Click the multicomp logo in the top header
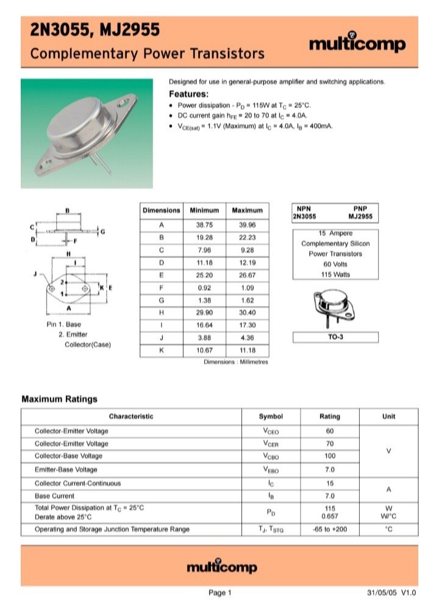[x=357, y=43]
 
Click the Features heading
[x=188, y=94]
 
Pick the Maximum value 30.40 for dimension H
[x=247, y=312]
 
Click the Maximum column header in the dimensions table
[x=247, y=210]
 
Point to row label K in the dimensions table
[x=162, y=350]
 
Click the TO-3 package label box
[x=335, y=337]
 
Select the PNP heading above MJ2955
[x=362, y=208]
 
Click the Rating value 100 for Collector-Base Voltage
[x=330, y=456]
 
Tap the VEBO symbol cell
[x=270, y=470]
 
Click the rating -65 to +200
[x=330, y=529]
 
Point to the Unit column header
[x=388, y=416]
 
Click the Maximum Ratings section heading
[x=59, y=399]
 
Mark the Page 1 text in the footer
[x=220, y=592]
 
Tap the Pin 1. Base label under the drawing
[x=63, y=325]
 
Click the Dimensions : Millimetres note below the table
[x=236, y=362]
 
